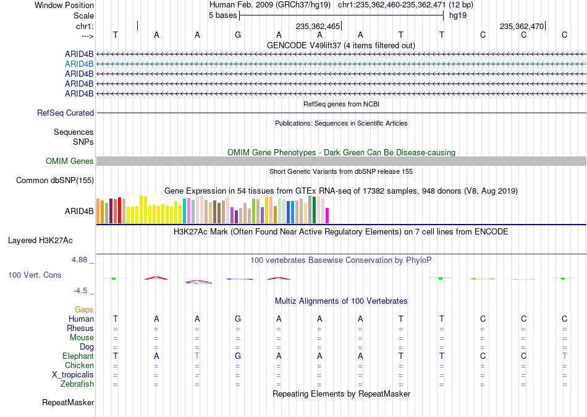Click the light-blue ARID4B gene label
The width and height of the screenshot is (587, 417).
click(79, 64)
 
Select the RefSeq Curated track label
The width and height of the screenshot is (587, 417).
click(65, 113)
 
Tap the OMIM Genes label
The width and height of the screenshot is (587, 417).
click(70, 161)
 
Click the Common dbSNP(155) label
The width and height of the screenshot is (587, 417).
click(55, 181)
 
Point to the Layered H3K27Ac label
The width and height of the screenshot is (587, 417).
click(40, 241)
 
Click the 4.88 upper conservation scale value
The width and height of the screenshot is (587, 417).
click(79, 259)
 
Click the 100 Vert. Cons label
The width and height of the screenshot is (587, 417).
click(35, 275)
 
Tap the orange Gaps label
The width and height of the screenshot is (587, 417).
click(84, 310)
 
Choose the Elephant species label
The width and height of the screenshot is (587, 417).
click(78, 356)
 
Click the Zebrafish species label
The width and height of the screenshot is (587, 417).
click(77, 384)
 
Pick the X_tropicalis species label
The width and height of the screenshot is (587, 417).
click(73, 375)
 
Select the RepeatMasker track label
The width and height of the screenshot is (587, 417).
click(68, 403)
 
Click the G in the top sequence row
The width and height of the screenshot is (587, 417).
click(238, 35)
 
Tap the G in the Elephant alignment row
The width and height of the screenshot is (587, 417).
click(238, 356)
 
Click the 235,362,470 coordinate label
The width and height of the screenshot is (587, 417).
click(522, 26)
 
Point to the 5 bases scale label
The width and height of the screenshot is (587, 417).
click(222, 15)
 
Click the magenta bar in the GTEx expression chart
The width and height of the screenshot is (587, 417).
click(327, 216)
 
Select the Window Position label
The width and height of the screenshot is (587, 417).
click(64, 5)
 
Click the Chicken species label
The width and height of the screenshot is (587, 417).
click(79, 366)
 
